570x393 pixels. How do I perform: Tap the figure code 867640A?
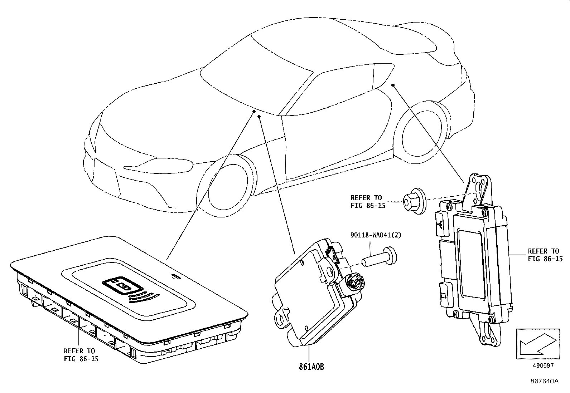coord(544,381)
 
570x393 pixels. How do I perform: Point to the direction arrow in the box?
coord(537,344)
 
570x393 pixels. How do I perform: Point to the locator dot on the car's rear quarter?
coord(393,85)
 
